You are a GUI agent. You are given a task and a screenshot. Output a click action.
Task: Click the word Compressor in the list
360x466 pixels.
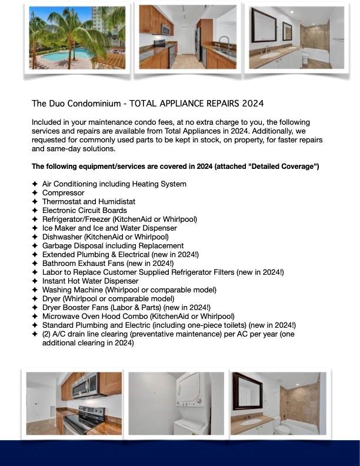click(x=63, y=193)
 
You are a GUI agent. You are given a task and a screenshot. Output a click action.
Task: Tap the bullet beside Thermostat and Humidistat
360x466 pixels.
click(x=35, y=202)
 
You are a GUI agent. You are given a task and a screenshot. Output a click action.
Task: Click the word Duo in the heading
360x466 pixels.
click(x=58, y=104)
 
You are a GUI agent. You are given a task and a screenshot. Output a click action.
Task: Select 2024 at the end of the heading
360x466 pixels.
click(x=252, y=104)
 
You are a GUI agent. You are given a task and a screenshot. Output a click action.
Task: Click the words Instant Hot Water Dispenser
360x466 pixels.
click(x=90, y=281)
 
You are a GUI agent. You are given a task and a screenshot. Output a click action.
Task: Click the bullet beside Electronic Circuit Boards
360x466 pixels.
click(x=35, y=211)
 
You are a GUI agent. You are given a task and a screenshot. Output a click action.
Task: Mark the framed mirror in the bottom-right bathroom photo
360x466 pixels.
click(x=248, y=391)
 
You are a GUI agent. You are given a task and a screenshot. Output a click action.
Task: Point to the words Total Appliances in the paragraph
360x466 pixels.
click(x=166, y=131)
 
